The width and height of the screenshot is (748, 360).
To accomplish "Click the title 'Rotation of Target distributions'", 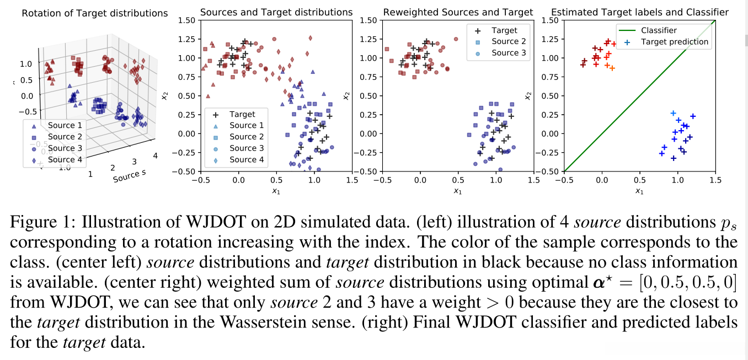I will pyautogui.click(x=95, y=13).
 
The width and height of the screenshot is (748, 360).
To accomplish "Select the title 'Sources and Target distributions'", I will pyautogui.click(x=276, y=12).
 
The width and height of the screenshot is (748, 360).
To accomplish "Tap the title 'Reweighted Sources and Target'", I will pyautogui.click(x=458, y=12).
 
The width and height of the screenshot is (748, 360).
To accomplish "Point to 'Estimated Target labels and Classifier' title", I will pyautogui.click(x=640, y=12).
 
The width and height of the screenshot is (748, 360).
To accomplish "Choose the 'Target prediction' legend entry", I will pyautogui.click(x=674, y=41).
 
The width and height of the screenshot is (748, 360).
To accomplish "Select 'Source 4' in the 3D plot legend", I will pyautogui.click(x=65, y=160).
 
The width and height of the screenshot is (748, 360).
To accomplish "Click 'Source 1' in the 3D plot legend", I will pyautogui.click(x=65, y=126).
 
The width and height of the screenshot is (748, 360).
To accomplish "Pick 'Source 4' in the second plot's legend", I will pyautogui.click(x=247, y=159).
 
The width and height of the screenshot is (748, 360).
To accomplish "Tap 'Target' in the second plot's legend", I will pyautogui.click(x=243, y=114).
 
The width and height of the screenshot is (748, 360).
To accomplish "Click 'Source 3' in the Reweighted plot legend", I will pyautogui.click(x=509, y=53).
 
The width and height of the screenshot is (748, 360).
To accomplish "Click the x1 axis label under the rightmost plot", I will pyautogui.click(x=639, y=191).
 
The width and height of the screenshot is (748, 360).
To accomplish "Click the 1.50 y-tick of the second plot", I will pyautogui.click(x=186, y=20).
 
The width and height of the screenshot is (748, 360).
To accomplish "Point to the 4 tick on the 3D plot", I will pyautogui.click(x=155, y=156).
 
